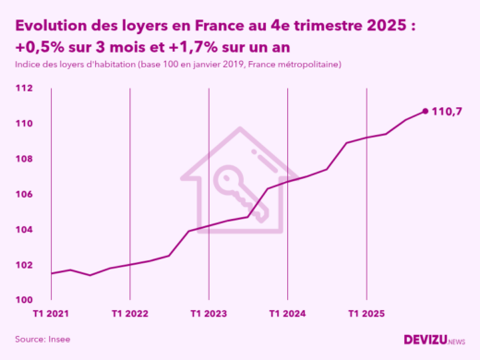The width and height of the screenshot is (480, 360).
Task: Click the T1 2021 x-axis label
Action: tap(51, 314)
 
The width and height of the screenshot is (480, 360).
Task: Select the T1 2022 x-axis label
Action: tap(130, 314)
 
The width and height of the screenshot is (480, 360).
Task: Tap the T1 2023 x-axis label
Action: tap(209, 314)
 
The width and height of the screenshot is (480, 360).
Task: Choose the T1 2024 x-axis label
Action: tap(287, 314)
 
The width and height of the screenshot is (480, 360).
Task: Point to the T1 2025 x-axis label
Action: tap(366, 314)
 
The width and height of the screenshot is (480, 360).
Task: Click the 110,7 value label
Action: tap(448, 112)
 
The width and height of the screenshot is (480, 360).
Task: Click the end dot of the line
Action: tap(425, 111)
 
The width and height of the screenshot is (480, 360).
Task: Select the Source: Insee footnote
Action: tap(42, 340)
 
